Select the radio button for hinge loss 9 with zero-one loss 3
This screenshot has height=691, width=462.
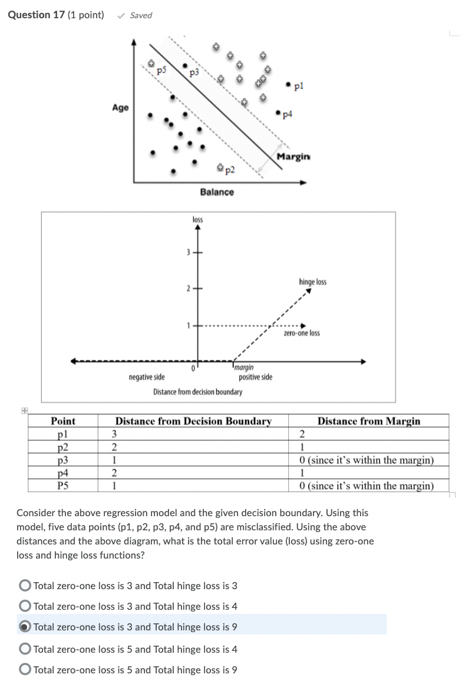(25, 627)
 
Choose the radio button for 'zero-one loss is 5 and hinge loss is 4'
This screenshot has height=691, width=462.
(25, 649)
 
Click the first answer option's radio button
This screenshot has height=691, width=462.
(25, 586)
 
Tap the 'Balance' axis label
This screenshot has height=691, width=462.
(216, 192)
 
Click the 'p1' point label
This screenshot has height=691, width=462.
(299, 86)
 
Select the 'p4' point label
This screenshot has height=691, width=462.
(288, 114)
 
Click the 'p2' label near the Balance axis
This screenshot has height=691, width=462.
(229, 171)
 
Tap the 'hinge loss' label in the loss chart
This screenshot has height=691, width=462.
(312, 282)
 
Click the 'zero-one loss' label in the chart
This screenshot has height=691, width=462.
(302, 333)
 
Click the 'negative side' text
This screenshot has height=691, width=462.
(147, 377)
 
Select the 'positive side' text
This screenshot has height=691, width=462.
(255, 377)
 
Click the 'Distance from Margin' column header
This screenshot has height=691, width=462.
(369, 421)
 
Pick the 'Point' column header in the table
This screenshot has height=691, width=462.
(63, 421)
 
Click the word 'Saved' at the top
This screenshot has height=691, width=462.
(141, 15)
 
